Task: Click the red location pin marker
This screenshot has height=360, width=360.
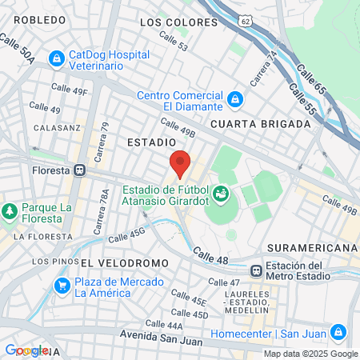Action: click(x=180, y=163)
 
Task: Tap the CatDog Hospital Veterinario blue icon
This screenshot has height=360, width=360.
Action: click(x=57, y=58)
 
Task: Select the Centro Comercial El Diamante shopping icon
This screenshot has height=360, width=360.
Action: click(x=234, y=100)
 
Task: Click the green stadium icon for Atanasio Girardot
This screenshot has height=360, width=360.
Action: click(x=220, y=194)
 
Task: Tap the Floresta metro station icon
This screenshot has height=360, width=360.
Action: click(x=79, y=170)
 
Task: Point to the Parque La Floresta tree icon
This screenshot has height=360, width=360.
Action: click(x=10, y=212)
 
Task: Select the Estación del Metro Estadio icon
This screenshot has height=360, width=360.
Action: click(x=256, y=271)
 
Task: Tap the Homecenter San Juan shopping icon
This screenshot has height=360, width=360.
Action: click(x=338, y=330)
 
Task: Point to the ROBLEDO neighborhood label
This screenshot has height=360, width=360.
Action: click(x=39, y=19)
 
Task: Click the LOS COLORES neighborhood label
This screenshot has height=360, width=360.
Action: click(x=178, y=22)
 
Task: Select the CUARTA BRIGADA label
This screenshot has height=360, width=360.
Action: click(x=261, y=124)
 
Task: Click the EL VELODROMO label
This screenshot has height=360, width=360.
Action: click(x=124, y=262)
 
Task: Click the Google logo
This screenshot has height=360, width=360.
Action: click(x=26, y=350)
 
